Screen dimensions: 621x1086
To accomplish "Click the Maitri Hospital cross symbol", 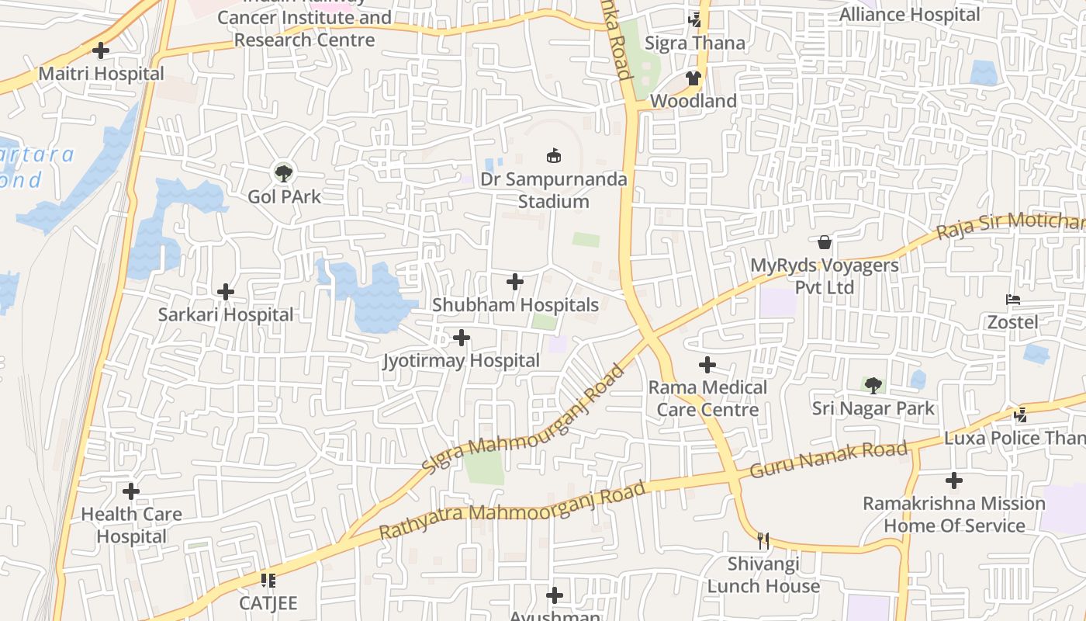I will click(x=101, y=51).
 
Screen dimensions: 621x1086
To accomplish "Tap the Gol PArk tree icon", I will click(x=284, y=172).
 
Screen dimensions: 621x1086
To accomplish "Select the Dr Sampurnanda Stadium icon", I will click(x=554, y=156).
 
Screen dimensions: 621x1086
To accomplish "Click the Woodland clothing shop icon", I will click(x=693, y=78).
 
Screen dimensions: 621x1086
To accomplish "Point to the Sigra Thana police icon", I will click(x=695, y=20).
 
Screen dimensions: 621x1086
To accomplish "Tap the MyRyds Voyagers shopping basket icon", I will click(x=824, y=242).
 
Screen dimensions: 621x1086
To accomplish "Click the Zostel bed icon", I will click(x=1012, y=300).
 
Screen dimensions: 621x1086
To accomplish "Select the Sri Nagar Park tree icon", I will click(x=873, y=385).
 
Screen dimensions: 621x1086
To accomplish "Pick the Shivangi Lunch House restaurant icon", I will click(x=763, y=540).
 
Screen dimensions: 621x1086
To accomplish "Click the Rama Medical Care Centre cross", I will click(x=707, y=364).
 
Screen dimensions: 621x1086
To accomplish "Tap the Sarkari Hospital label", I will click(x=226, y=314).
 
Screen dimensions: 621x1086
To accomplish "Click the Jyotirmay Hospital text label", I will click(x=462, y=361).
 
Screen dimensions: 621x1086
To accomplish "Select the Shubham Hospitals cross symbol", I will click(x=515, y=282).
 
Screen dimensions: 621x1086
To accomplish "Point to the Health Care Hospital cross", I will click(x=131, y=491).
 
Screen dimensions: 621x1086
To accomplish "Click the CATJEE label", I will click(x=268, y=603).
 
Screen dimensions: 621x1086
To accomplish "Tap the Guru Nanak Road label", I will click(x=828, y=460).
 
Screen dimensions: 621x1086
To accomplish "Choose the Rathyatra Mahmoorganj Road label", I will click(x=512, y=512).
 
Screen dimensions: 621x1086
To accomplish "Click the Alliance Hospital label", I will click(x=910, y=15).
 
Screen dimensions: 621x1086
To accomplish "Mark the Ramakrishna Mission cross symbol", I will click(x=954, y=480).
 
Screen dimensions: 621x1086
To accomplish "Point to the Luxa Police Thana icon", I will click(x=1021, y=415).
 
